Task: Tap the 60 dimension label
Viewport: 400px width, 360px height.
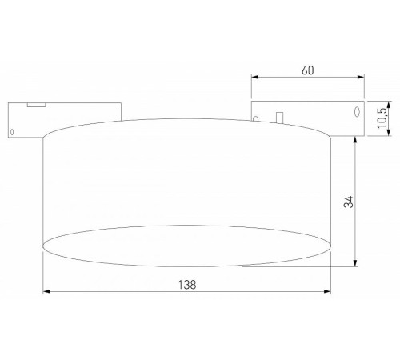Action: (307, 70)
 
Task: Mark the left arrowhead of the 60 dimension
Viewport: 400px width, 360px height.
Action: (255, 78)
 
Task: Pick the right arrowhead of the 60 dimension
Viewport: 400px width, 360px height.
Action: (361, 78)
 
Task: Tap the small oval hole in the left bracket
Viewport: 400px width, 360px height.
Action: (12, 130)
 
